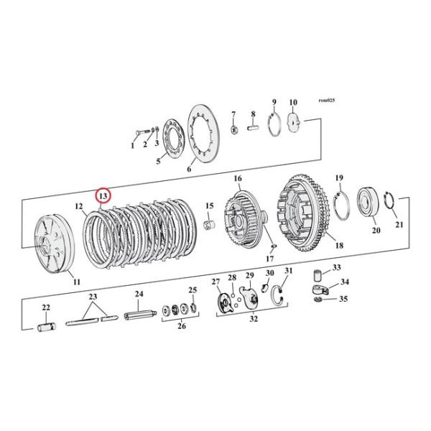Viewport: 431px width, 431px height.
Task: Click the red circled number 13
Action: click(x=103, y=195)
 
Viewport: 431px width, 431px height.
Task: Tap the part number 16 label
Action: click(x=237, y=179)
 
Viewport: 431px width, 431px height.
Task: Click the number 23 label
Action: click(x=92, y=297)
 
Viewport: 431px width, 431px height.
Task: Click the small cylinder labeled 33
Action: click(x=315, y=274)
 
